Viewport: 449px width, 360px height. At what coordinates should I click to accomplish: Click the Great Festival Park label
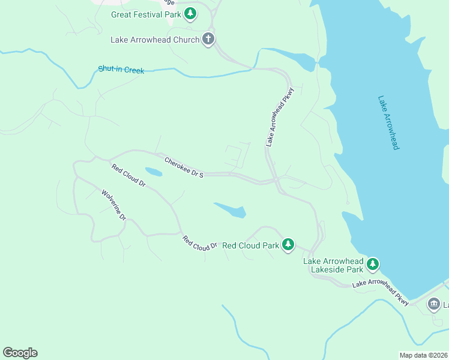146,14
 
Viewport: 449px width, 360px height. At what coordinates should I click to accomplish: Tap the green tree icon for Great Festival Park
190,13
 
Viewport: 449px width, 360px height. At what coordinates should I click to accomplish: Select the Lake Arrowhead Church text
155,40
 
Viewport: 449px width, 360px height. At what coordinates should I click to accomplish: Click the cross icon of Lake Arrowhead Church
208,40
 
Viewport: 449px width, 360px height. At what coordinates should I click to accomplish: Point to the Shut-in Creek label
121,70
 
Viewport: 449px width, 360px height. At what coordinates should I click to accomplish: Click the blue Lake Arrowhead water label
388,122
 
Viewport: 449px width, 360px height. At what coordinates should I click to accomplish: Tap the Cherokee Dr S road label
184,167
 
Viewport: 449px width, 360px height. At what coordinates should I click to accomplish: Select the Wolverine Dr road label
113,205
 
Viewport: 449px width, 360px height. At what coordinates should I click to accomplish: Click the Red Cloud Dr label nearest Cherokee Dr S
128,175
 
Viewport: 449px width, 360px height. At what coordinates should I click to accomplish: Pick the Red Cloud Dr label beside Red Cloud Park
200,243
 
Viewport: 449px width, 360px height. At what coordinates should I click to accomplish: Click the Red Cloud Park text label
250,245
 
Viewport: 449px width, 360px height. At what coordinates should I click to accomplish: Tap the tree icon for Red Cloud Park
289,244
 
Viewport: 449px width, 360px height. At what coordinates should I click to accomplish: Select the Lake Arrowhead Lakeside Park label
333,265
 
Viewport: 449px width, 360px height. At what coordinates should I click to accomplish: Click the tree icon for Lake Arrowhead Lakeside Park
373,264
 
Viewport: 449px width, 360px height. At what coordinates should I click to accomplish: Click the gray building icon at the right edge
433,305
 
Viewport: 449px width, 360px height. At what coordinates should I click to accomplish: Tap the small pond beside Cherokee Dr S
153,172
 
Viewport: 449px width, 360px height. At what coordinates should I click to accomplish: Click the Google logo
20,353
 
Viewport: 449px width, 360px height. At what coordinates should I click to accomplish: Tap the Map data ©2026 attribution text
423,355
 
